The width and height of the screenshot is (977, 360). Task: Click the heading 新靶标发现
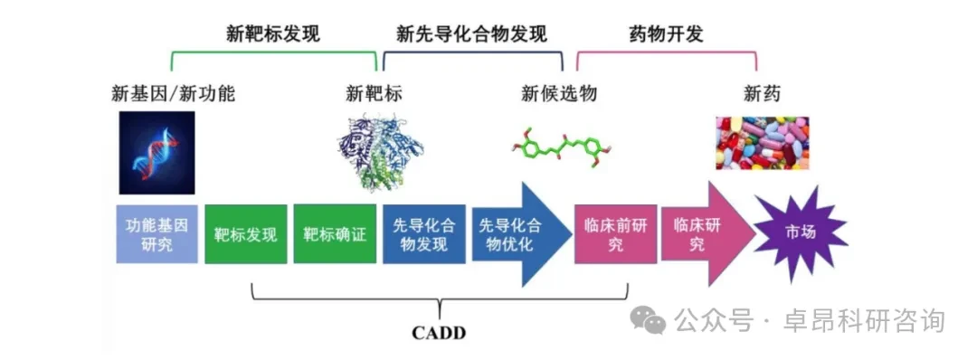(273, 33)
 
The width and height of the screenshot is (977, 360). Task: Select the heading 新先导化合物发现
(471, 33)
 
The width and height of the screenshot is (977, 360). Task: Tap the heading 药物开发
(666, 33)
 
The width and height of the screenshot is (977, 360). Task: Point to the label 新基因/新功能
(173, 93)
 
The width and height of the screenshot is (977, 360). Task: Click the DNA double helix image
(157, 153)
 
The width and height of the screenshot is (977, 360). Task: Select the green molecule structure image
(559, 147)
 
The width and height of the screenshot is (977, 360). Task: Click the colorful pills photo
(762, 143)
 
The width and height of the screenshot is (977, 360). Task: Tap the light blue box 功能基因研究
(157, 234)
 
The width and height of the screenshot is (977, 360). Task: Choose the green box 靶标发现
(245, 234)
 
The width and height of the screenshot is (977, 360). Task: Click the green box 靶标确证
(335, 234)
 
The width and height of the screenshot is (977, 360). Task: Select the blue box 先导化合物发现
(423, 234)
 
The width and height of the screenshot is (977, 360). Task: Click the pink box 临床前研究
(616, 234)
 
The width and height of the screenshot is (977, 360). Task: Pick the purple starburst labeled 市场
(802, 233)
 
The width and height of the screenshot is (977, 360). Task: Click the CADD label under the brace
(439, 333)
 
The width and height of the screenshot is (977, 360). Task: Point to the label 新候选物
(559, 93)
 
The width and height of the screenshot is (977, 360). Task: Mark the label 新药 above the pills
(762, 93)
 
